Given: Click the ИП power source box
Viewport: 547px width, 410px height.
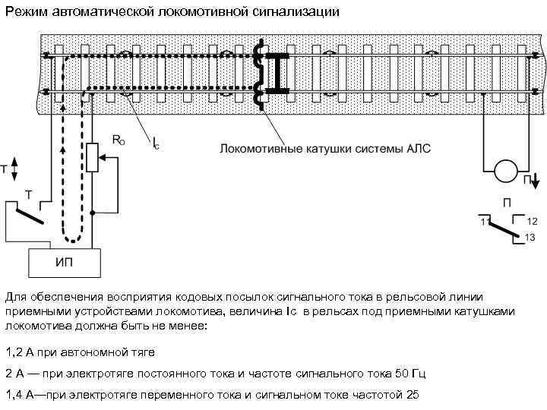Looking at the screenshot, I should point(65,262).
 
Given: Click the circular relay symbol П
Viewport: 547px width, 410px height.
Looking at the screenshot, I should point(506,172).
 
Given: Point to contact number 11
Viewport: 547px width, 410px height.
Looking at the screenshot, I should point(483,221).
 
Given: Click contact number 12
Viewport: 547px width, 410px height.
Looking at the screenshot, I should point(531,221).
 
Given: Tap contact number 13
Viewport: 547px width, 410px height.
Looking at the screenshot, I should point(530,238).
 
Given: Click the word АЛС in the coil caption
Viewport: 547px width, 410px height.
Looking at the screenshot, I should point(416,149).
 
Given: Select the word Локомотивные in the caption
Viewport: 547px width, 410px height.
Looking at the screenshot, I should point(255,149).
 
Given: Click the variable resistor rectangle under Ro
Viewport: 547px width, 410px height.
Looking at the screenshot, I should point(93,158).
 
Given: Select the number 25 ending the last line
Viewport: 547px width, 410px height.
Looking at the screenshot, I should point(413,396).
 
